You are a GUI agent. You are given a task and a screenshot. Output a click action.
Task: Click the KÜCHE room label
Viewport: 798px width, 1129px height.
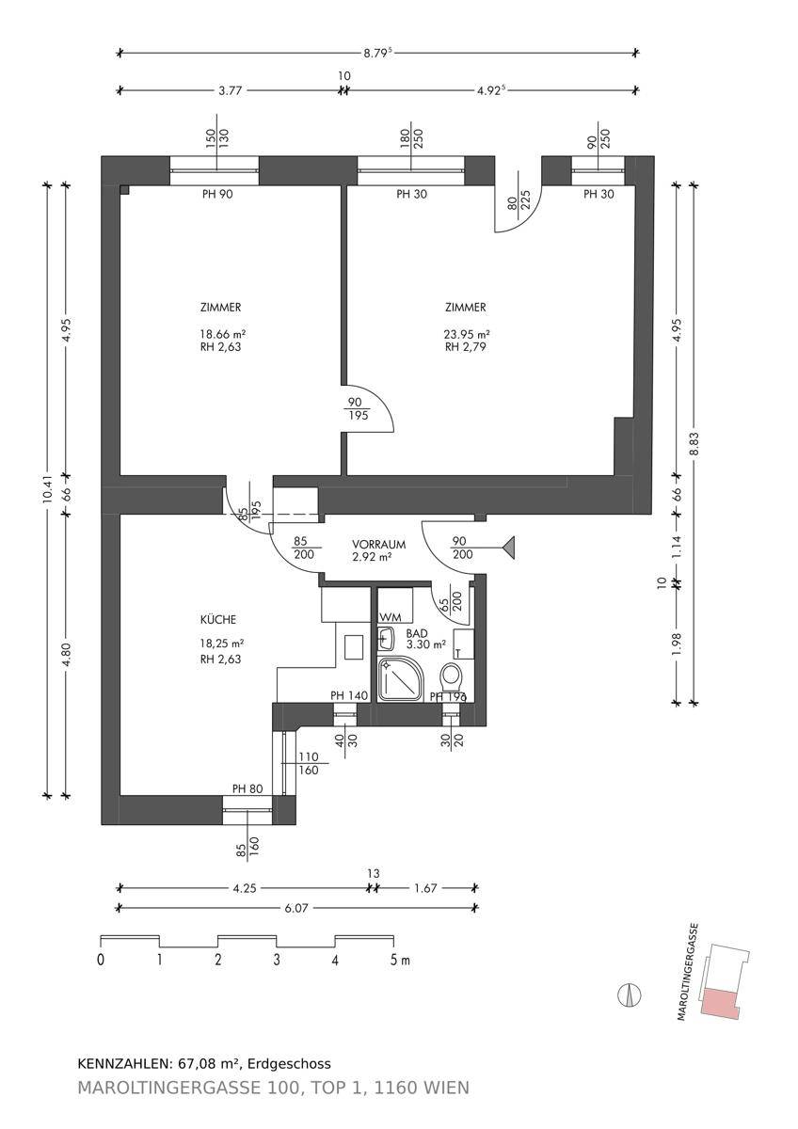217,619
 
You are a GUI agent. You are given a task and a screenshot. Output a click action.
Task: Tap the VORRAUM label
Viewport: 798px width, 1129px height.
378,545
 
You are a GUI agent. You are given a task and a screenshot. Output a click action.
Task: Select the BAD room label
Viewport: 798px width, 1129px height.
417,633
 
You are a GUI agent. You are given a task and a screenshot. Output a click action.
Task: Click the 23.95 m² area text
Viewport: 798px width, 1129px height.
467,334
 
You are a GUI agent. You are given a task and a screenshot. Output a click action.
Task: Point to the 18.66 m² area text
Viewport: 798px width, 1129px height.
222,334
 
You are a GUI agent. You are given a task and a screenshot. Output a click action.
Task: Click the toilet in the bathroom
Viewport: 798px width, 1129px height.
451,678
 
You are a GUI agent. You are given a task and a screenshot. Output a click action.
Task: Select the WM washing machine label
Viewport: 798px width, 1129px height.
391,617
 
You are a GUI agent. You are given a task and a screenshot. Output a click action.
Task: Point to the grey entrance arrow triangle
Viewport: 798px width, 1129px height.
509,548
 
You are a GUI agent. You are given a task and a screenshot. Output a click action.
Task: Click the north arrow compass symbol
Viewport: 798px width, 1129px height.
630,995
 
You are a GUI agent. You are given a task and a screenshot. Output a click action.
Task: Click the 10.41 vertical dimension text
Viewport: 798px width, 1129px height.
47,490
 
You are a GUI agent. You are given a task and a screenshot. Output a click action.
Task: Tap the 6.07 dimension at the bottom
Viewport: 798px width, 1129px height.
296,908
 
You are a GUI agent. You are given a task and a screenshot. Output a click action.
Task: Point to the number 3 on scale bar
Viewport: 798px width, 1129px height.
277,959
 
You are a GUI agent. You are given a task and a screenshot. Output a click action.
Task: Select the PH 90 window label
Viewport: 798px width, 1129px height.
217,194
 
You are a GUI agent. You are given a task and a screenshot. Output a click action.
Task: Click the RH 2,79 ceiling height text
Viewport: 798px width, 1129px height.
465,347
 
